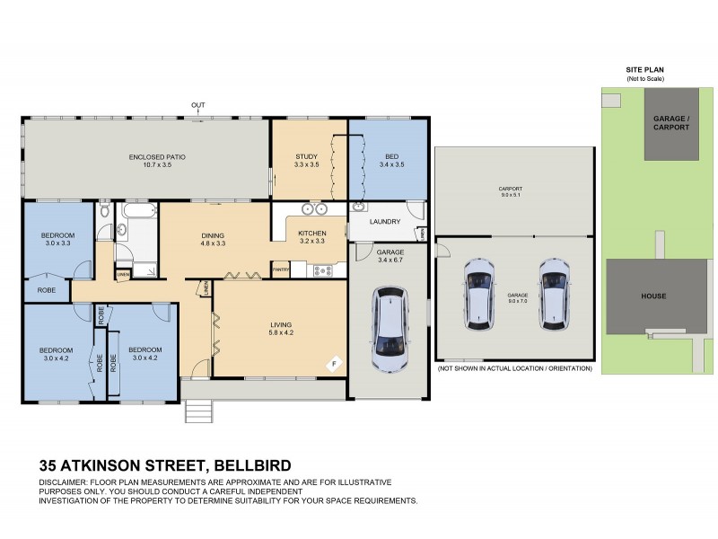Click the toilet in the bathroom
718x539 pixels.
[x=105, y=211]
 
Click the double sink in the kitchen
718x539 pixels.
[x=314, y=210]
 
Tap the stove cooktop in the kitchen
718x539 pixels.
[x=323, y=269]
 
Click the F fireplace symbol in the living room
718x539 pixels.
[x=334, y=363]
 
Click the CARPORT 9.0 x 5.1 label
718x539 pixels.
[x=510, y=191]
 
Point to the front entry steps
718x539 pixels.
[x=198, y=411]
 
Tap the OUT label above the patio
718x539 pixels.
[x=197, y=106]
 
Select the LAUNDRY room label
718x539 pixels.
[x=384, y=221]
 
